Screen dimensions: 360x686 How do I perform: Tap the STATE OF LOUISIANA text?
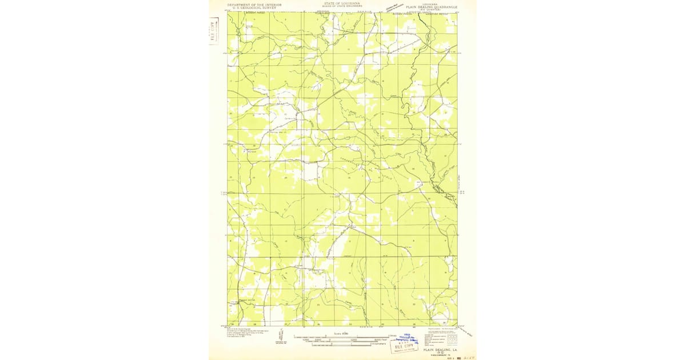pyautogui.click(x=342, y=3)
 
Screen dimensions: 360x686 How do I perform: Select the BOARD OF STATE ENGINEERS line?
pyautogui.click(x=342, y=6)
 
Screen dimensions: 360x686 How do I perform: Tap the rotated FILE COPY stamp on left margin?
pyautogui.click(x=214, y=30)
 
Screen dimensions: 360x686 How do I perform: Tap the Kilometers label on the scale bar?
pyautogui.click(x=378, y=344)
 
